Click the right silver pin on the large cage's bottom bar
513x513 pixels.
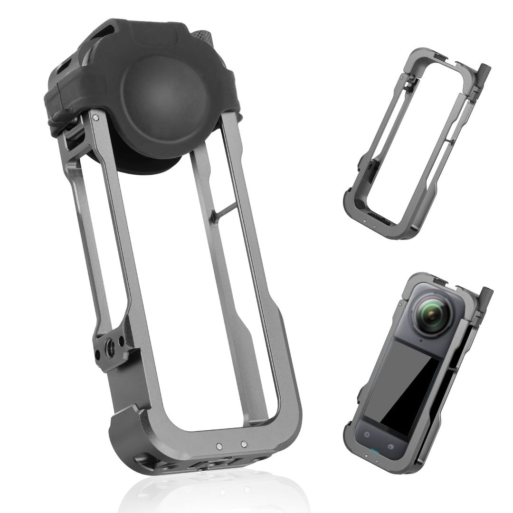click(x=244, y=445)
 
